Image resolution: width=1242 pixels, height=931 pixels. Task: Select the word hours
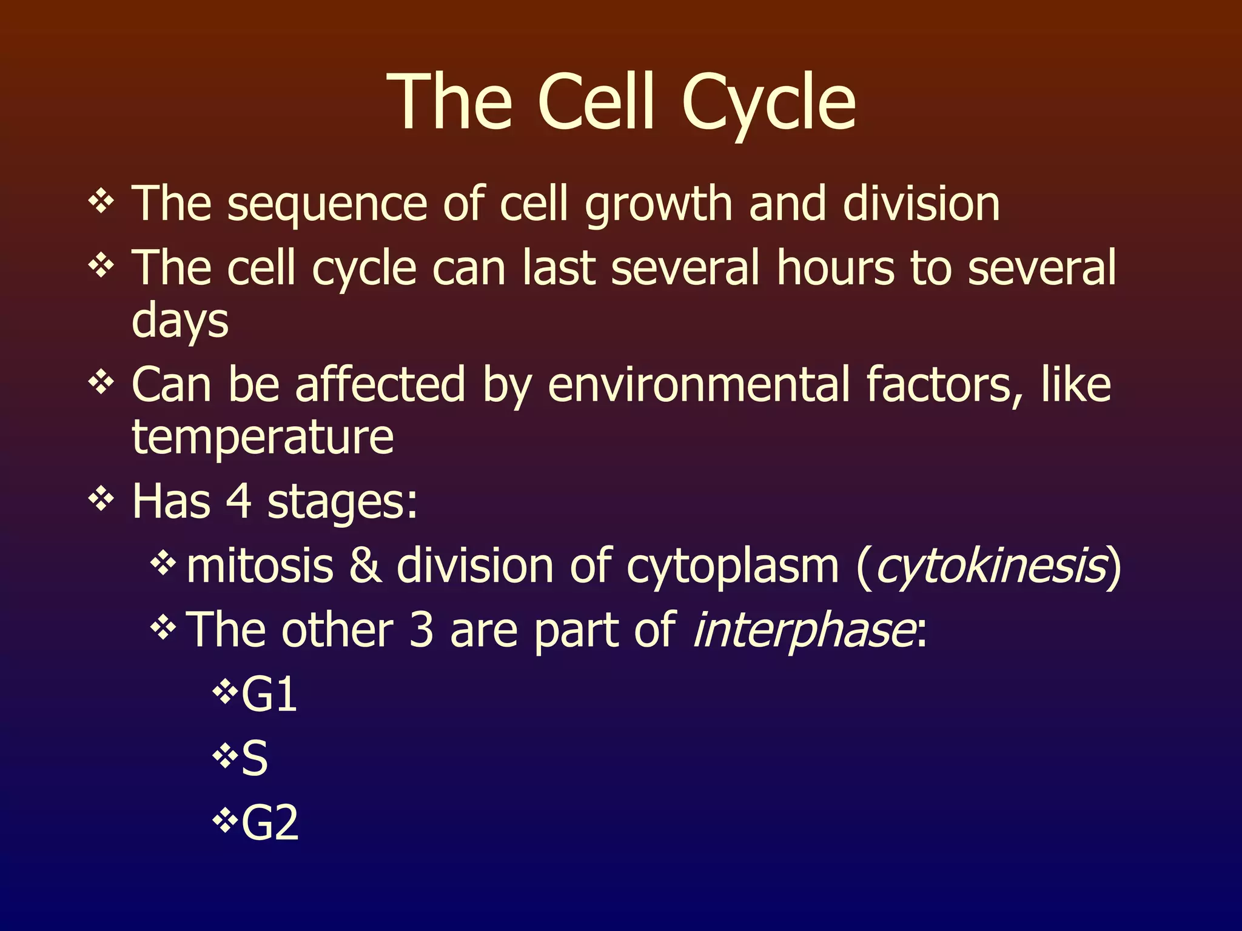[x=835, y=268]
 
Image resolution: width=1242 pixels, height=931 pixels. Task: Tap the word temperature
[x=263, y=438]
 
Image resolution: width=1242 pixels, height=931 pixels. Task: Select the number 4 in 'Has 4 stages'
[x=238, y=501]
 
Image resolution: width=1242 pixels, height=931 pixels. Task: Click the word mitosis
[x=260, y=566]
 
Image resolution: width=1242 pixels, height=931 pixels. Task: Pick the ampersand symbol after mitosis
[x=366, y=566]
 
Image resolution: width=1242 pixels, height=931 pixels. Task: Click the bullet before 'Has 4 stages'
[x=101, y=499]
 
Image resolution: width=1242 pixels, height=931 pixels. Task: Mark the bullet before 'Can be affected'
[x=101, y=382]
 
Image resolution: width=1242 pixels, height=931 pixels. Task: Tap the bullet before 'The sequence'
[x=101, y=201]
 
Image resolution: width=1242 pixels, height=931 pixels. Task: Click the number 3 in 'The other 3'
[x=421, y=630]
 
